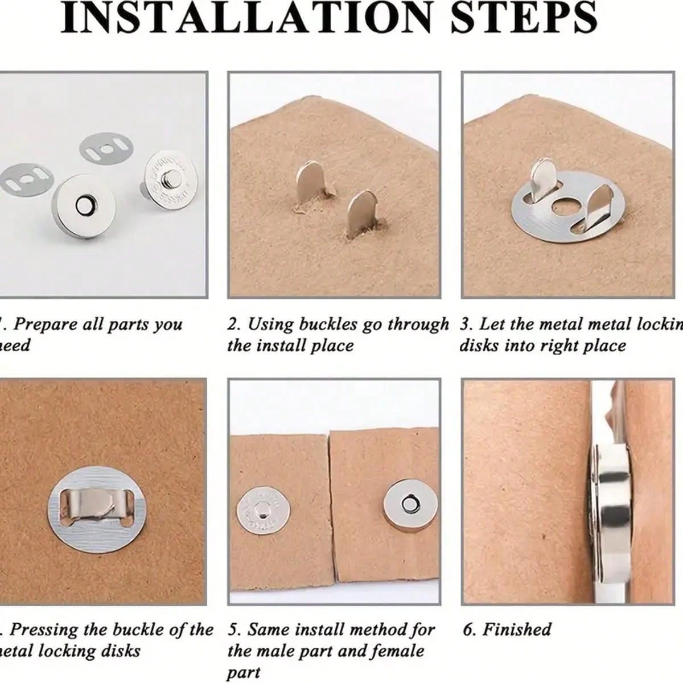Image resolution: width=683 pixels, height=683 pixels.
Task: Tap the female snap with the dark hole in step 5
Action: click(x=408, y=503)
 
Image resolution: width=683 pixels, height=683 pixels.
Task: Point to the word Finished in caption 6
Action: click(x=517, y=629)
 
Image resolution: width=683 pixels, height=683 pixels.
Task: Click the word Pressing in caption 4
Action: click(x=44, y=629)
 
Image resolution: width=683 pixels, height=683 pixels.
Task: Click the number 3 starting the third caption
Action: click(x=466, y=324)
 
